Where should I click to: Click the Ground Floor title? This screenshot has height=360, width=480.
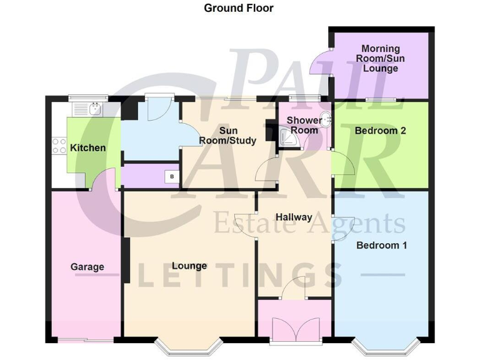[239, 8]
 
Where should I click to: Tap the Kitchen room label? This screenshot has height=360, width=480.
[87, 148]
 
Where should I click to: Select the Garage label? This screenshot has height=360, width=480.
[87, 267]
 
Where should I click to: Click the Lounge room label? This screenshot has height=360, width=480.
[189, 266]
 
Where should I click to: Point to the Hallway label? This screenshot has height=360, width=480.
[294, 217]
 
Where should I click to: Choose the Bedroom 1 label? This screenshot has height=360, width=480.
[381, 245]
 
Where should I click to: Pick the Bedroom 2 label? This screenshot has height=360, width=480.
[381, 131]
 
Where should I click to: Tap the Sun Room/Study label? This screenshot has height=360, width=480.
[227, 136]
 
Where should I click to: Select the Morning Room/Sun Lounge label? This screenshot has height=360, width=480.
[380, 59]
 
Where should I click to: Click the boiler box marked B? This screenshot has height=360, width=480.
[172, 177]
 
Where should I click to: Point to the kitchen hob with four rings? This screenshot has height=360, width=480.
[59, 146]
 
